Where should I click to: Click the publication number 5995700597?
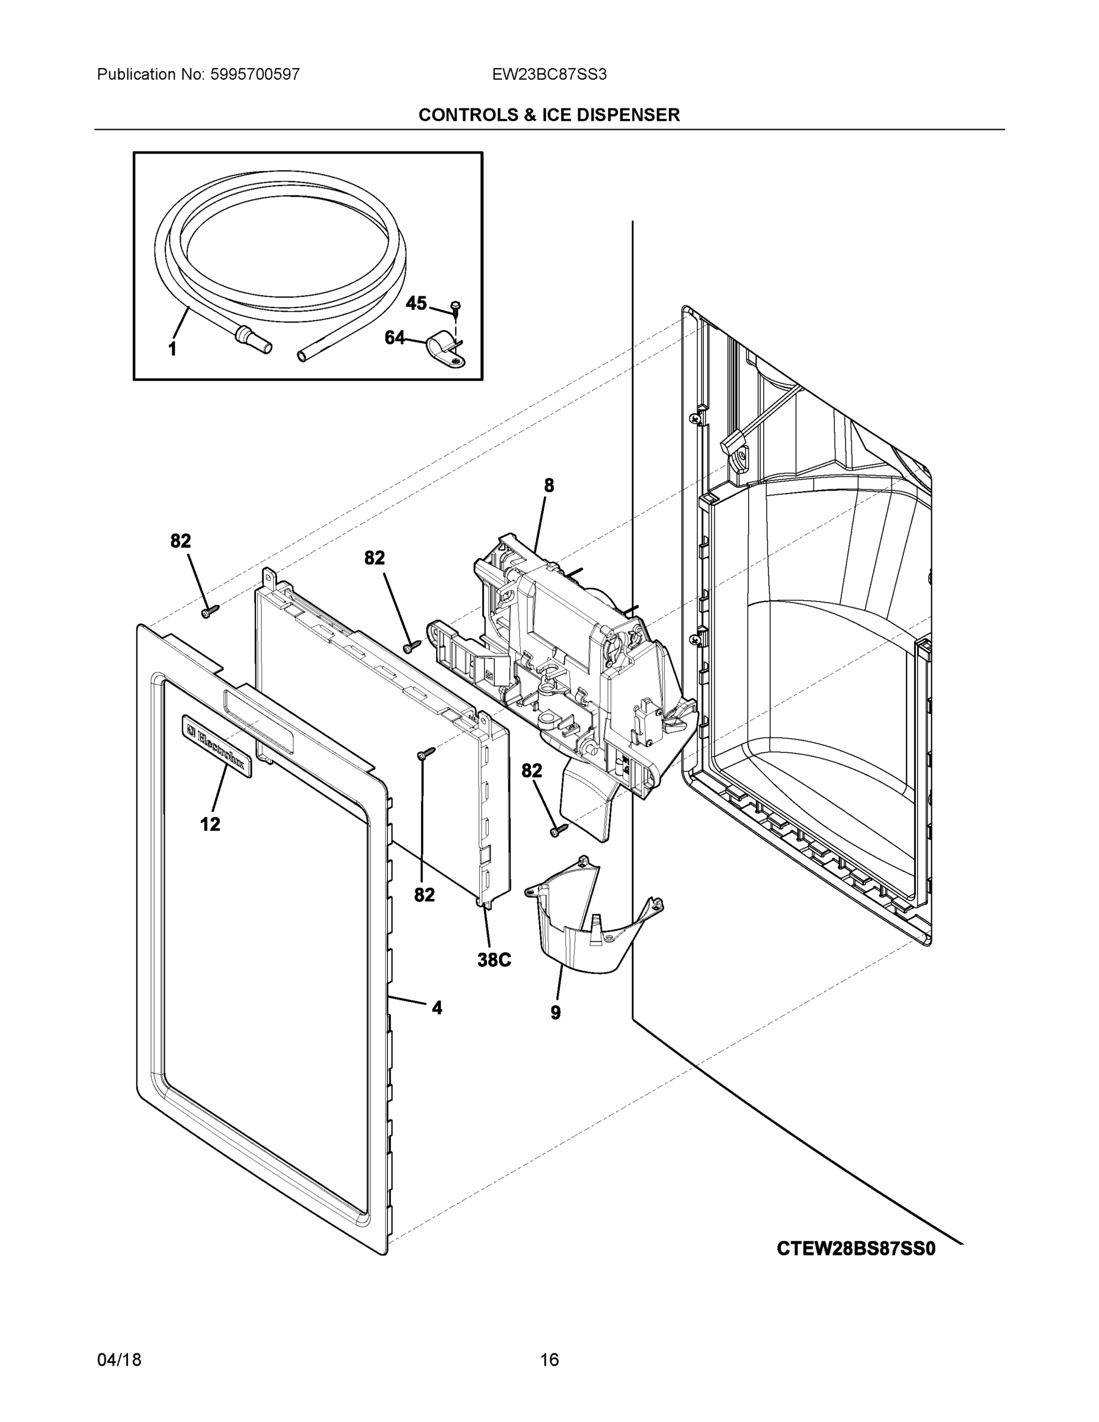click(255, 75)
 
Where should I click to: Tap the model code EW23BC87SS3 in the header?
click(549, 75)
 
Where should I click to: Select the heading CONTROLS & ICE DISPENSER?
click(549, 116)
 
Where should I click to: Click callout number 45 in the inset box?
click(416, 303)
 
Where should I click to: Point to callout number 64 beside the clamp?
click(395, 337)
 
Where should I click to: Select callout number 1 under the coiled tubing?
click(172, 350)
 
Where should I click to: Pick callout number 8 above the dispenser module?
click(549, 485)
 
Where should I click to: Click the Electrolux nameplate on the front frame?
click(217, 742)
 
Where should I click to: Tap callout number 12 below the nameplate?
click(210, 824)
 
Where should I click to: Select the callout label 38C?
click(494, 960)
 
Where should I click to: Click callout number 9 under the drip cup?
click(555, 1013)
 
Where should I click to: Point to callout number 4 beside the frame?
click(437, 1008)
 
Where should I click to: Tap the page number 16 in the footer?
click(549, 1360)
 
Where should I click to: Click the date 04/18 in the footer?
click(119, 1360)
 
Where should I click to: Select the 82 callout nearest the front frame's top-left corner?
click(181, 541)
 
